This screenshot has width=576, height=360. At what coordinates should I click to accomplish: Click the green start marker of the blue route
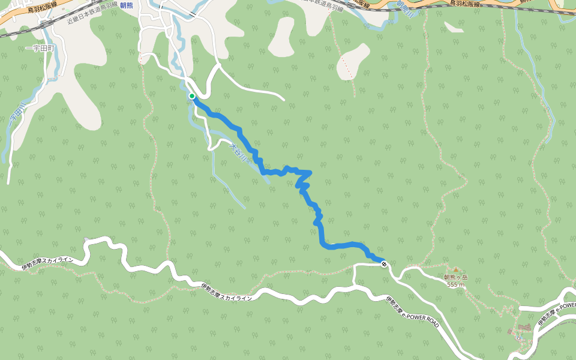point(192,96)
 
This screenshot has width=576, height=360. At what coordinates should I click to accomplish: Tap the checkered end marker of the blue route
point(383,263)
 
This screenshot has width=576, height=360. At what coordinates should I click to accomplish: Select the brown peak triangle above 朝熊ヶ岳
point(455,270)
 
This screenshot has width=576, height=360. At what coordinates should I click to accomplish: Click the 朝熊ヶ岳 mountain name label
point(455,278)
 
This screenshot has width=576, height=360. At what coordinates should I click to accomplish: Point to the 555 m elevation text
point(455,285)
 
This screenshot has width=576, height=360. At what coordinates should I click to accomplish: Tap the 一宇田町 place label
point(40,48)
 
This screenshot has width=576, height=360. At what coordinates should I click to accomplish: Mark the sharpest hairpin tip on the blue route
point(310,173)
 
